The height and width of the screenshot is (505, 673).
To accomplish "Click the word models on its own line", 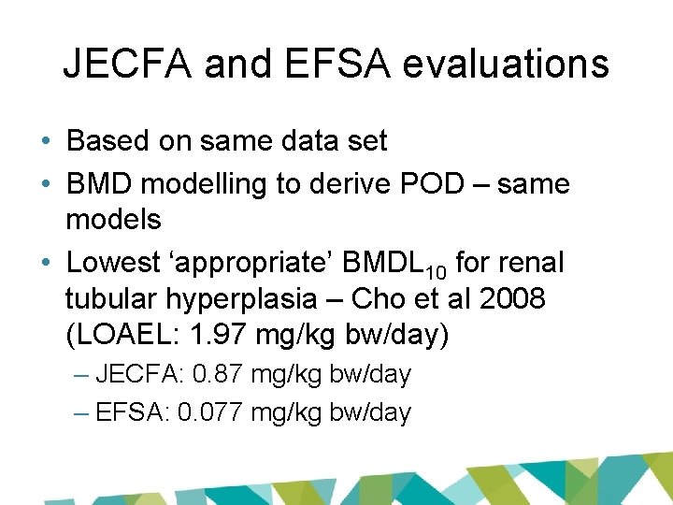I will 113,221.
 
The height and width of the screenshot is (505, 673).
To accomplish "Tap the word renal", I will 532,264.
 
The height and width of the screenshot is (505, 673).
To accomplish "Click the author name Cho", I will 406,299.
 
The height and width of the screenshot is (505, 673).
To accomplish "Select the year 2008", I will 514,299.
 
